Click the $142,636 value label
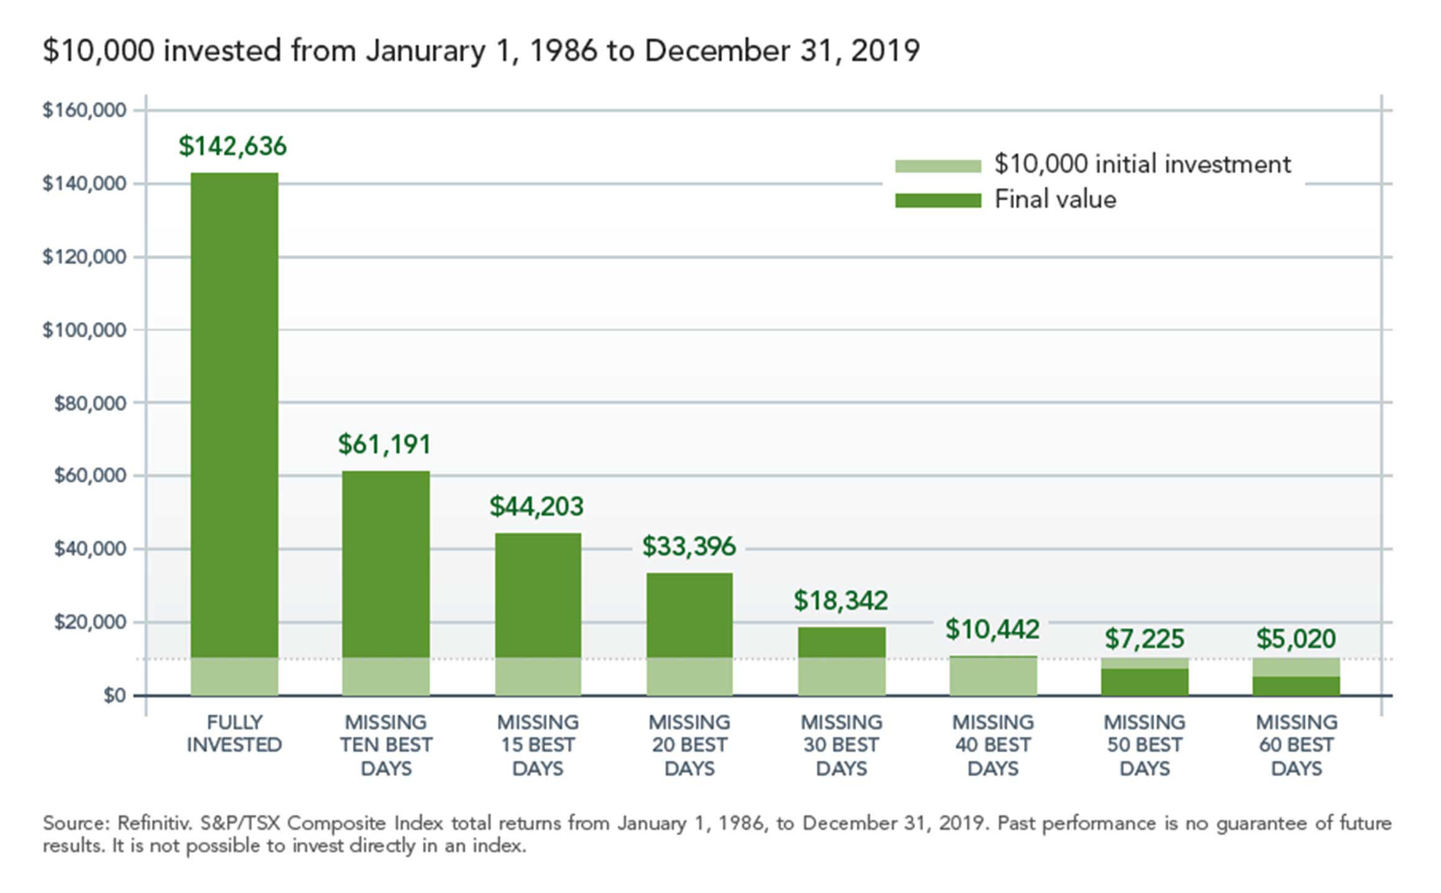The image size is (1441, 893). [232, 146]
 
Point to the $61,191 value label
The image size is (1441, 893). [384, 445]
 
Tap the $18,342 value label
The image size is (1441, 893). [840, 601]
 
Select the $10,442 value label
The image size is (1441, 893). [992, 629]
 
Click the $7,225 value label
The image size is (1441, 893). [1144, 639]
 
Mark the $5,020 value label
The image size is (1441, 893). [1296, 639]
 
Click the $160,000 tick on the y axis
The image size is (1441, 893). [84, 110]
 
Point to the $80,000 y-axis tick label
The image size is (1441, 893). [90, 404]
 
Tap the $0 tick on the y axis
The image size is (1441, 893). [114, 695]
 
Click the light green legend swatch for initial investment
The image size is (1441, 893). [937, 166]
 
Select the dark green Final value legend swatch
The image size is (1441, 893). [937, 201]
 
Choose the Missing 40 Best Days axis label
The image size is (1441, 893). [993, 745]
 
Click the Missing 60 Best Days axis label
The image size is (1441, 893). [1296, 745]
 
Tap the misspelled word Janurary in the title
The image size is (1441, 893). [425, 51]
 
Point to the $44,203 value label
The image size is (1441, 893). [536, 507]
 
